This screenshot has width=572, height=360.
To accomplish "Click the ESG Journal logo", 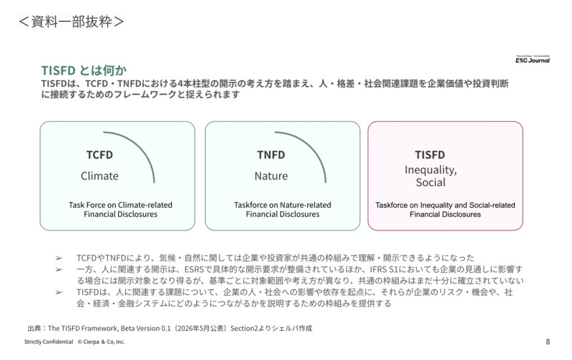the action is tap(532, 59).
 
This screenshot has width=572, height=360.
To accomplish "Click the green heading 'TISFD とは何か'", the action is tap(84, 70).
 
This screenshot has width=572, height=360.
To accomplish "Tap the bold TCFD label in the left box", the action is tap(99, 155).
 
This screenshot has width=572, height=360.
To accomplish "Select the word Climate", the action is tap(99, 176).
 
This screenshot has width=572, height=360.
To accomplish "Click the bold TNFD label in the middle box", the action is tap(271, 155).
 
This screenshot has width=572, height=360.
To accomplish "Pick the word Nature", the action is tap(271, 176).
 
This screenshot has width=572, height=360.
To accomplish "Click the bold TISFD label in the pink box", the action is tap(430, 155).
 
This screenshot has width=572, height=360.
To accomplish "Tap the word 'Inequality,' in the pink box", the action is tap(431, 170).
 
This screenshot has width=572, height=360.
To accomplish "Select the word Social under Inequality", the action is tap(431, 182).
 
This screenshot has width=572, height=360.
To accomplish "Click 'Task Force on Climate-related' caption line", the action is tap(121, 205).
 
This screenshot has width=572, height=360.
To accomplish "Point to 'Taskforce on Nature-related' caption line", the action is tap(283, 205).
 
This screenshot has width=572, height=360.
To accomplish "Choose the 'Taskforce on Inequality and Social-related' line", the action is tap(445, 205).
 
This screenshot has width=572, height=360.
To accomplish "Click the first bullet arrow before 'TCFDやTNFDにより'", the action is tap(59, 258).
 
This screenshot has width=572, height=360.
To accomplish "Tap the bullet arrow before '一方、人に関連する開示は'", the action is tap(59, 270).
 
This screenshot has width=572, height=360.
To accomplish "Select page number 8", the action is tap(547, 342).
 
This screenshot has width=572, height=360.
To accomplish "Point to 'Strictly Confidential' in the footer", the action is tap(49, 342).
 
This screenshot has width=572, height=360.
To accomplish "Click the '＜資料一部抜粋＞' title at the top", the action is tap(71, 22).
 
